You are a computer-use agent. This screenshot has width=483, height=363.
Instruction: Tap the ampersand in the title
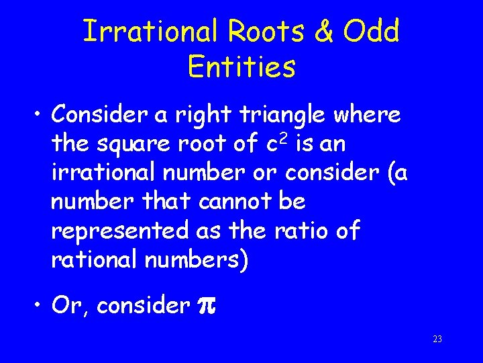[x=325, y=32]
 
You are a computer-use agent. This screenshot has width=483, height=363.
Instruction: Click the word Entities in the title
[x=241, y=67]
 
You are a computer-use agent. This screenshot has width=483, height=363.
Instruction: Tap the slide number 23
[x=437, y=339]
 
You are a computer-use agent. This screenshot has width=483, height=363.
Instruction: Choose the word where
[x=368, y=115]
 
